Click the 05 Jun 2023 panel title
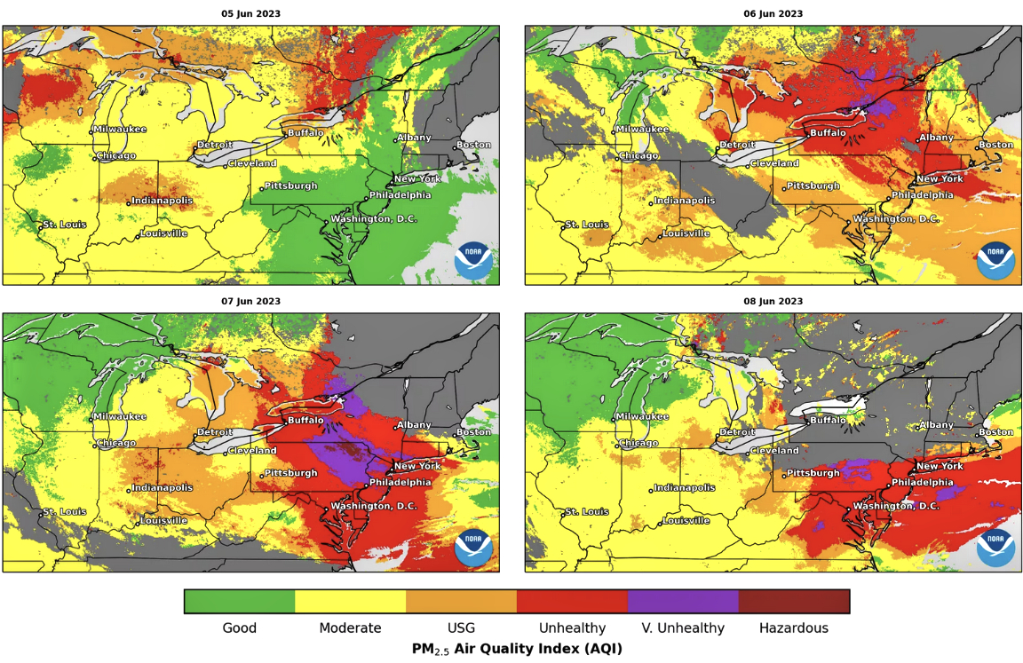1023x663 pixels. [250, 13]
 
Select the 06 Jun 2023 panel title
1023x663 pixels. [773, 13]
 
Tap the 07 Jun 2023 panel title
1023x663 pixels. [250, 301]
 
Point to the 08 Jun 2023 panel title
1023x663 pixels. [773, 301]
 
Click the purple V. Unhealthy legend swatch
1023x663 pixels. [683, 601]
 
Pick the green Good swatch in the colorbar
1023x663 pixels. [240, 601]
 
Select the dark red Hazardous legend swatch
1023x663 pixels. [794, 601]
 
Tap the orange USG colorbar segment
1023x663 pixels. [461, 601]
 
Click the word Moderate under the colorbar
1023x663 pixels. [350, 628]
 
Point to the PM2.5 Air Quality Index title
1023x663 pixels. [517, 649]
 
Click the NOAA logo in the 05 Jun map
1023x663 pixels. [473, 260]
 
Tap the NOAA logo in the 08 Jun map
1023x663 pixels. [995, 548]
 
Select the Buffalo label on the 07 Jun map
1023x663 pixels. [306, 420]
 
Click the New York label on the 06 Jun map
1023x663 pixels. [940, 178]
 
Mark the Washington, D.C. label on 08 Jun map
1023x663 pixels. [896, 506]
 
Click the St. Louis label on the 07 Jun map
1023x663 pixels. [65, 512]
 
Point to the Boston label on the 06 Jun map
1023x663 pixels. [995, 145]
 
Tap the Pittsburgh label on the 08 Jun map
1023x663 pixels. [813, 473]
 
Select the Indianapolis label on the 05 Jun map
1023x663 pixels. [163, 201]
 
